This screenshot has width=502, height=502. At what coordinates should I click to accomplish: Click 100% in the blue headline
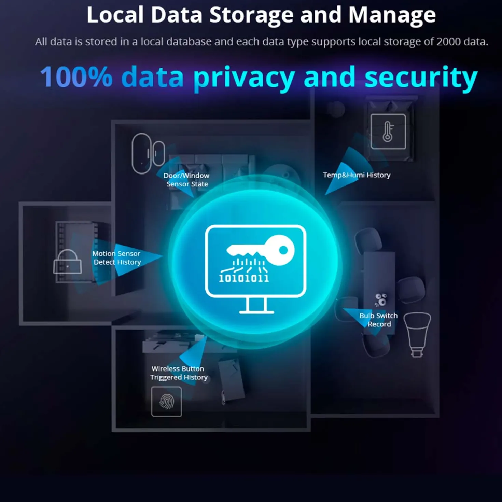pyautogui.click(x=76, y=76)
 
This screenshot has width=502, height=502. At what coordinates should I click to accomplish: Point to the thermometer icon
pyautogui.click(x=388, y=131)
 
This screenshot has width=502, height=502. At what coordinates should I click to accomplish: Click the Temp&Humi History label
pyautogui.click(x=357, y=175)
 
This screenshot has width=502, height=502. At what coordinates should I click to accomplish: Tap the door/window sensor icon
pyautogui.click(x=148, y=153)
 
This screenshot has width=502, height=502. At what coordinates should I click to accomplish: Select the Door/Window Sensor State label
pyautogui.click(x=186, y=180)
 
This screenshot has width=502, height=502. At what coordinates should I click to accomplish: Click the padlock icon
pyautogui.click(x=68, y=262)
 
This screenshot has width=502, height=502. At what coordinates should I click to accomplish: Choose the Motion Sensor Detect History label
pyautogui.click(x=116, y=257)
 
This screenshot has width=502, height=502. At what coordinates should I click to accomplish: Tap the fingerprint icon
pyautogui.click(x=167, y=402)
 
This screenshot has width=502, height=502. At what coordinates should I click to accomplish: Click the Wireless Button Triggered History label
pyautogui.click(x=179, y=373)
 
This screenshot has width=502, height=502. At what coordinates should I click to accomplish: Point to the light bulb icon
pyautogui.click(x=417, y=334)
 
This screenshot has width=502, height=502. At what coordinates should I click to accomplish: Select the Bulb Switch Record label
pyautogui.click(x=378, y=320)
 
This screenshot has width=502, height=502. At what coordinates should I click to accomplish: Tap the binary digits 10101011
pyautogui.click(x=244, y=278)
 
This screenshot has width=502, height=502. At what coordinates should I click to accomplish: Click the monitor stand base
pyautogui.click(x=256, y=312)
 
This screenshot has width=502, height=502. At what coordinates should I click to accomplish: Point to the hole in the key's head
pyautogui.click(x=283, y=250)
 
